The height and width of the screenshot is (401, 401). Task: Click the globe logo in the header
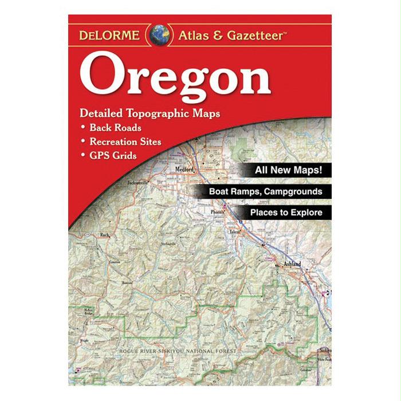[158, 35]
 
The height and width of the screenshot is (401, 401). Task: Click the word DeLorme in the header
[109, 35]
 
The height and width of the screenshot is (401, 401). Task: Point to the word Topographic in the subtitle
[158, 113]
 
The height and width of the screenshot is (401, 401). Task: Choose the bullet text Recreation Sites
[125, 141]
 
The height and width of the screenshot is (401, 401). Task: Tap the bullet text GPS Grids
[112, 155]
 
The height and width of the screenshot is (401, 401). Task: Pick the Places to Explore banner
[286, 213]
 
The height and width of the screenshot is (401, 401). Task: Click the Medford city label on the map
[185, 170]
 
